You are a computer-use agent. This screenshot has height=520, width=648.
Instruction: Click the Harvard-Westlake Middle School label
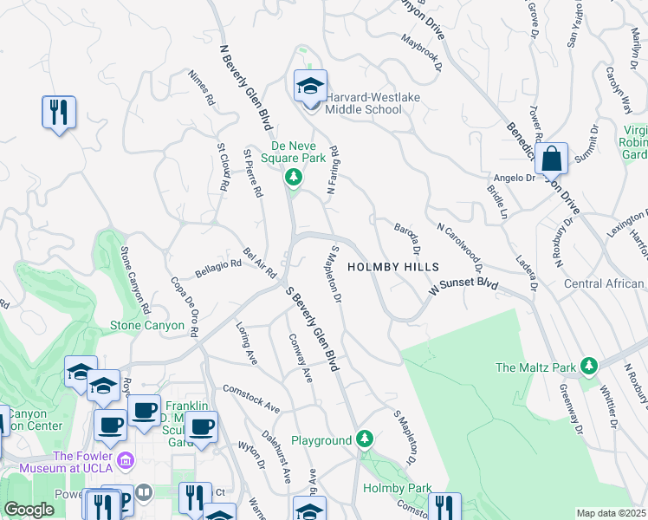tap(372, 103)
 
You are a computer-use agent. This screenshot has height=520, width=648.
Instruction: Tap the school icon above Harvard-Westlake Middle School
tap(310, 86)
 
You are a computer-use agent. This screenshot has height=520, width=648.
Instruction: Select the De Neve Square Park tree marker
tap(294, 178)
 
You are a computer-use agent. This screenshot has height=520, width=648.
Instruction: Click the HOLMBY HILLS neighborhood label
tap(393, 268)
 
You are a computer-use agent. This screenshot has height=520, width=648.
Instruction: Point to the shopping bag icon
tap(551, 159)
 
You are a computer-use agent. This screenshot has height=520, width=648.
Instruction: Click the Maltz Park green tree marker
tap(590, 367)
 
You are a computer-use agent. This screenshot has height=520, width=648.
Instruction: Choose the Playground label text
tap(321, 441)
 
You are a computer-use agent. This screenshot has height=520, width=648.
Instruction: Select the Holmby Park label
tap(397, 489)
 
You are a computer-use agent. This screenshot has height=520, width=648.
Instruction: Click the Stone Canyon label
tap(147, 326)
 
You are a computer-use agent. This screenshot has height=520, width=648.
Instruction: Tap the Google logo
tap(29, 510)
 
